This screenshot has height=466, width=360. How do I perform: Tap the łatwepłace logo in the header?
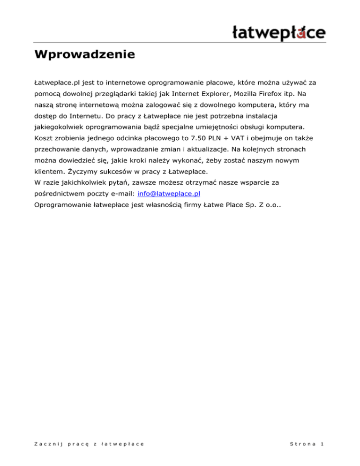279,33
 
